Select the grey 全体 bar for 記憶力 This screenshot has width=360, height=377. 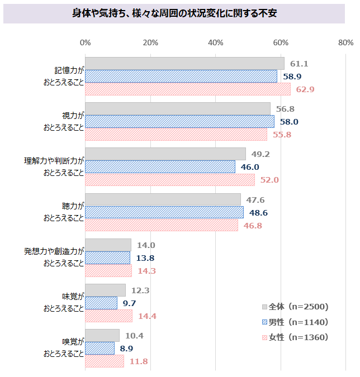pyautogui.click(x=184, y=64)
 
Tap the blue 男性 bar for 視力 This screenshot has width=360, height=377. pyautogui.click(x=179, y=122)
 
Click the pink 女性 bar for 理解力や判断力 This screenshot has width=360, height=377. pyautogui.click(x=169, y=180)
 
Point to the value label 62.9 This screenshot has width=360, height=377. pyautogui.click(x=306, y=89)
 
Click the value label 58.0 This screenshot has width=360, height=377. pyautogui.click(x=290, y=122)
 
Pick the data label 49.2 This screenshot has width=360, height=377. pyautogui.click(x=261, y=155)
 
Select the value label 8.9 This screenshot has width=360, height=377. pyautogui.click(x=126, y=349)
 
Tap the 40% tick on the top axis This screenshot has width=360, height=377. pyautogui.click(x=215, y=42)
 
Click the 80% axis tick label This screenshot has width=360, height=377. pyautogui.click(x=345, y=42)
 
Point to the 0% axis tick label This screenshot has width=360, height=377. pyautogui.click(x=85, y=42)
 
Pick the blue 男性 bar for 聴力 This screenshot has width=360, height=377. pyautogui.click(x=164, y=212)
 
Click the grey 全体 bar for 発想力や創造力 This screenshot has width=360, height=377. pyautogui.click(x=108, y=245)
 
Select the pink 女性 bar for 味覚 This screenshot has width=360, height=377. pyautogui.click(x=108, y=316)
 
